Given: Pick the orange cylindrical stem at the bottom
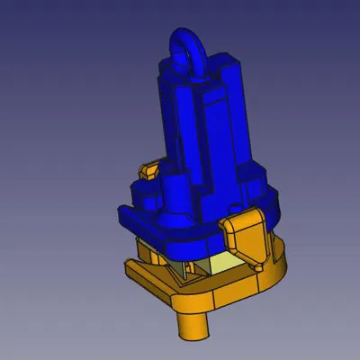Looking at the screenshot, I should tap(193, 323).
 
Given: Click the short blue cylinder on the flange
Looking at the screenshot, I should tap(175, 198).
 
